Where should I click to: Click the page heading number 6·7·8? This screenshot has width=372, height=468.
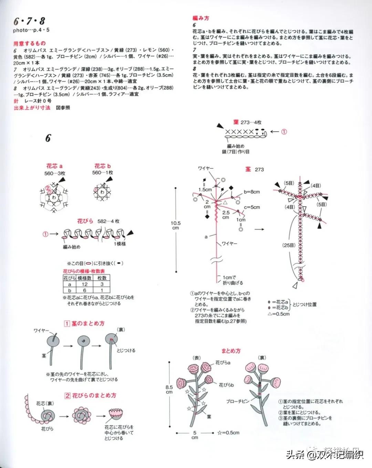click(x=29, y=21)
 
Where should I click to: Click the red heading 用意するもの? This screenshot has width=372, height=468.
click(x=30, y=43)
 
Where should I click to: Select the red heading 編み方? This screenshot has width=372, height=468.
click(x=201, y=18)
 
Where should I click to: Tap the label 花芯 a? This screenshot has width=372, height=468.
click(x=54, y=166)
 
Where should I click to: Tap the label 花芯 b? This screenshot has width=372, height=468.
click(x=103, y=166)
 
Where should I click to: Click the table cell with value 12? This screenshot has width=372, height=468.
click(x=84, y=284)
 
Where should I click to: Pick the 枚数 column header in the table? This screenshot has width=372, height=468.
click(x=102, y=278)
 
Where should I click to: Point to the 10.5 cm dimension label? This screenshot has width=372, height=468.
click(x=176, y=226)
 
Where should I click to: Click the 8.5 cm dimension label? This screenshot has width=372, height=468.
click(x=169, y=389)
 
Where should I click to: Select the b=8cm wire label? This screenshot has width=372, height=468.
click(x=252, y=192)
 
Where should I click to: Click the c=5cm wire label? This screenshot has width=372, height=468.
click(x=252, y=207)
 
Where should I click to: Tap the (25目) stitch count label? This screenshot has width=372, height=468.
click(x=289, y=245)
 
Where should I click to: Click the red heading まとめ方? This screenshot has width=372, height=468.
click(x=231, y=351)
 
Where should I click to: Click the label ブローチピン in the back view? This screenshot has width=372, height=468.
click(x=238, y=401)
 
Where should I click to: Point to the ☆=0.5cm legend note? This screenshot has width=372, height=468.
click(x=228, y=432)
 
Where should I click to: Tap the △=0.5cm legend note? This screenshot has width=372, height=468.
click(x=279, y=314)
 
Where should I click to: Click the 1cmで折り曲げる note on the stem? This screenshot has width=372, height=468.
click(x=232, y=280)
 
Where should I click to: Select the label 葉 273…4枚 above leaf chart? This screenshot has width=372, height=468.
click(x=247, y=122)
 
